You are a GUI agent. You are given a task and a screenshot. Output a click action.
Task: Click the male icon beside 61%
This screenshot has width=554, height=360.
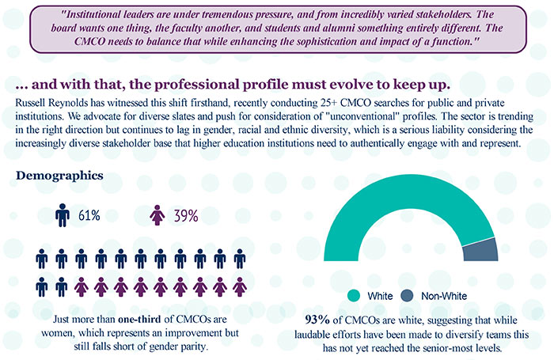click(63, 215)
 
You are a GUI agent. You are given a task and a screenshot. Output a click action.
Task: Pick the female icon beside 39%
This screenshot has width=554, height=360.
click(157, 215)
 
